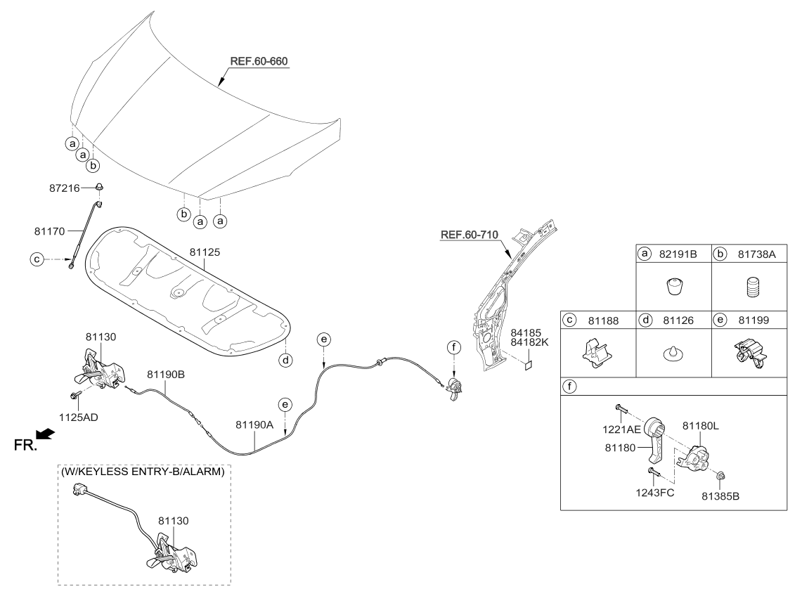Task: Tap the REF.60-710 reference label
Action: pos(470,235)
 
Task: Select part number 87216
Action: pos(75,188)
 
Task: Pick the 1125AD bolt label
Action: pos(81,416)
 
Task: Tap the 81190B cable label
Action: pos(166,375)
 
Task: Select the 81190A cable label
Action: pos(254,425)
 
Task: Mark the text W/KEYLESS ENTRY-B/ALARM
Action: pos(144,472)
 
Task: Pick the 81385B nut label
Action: pos(720,495)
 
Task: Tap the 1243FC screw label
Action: pos(655,492)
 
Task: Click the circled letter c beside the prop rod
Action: pos(37,259)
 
